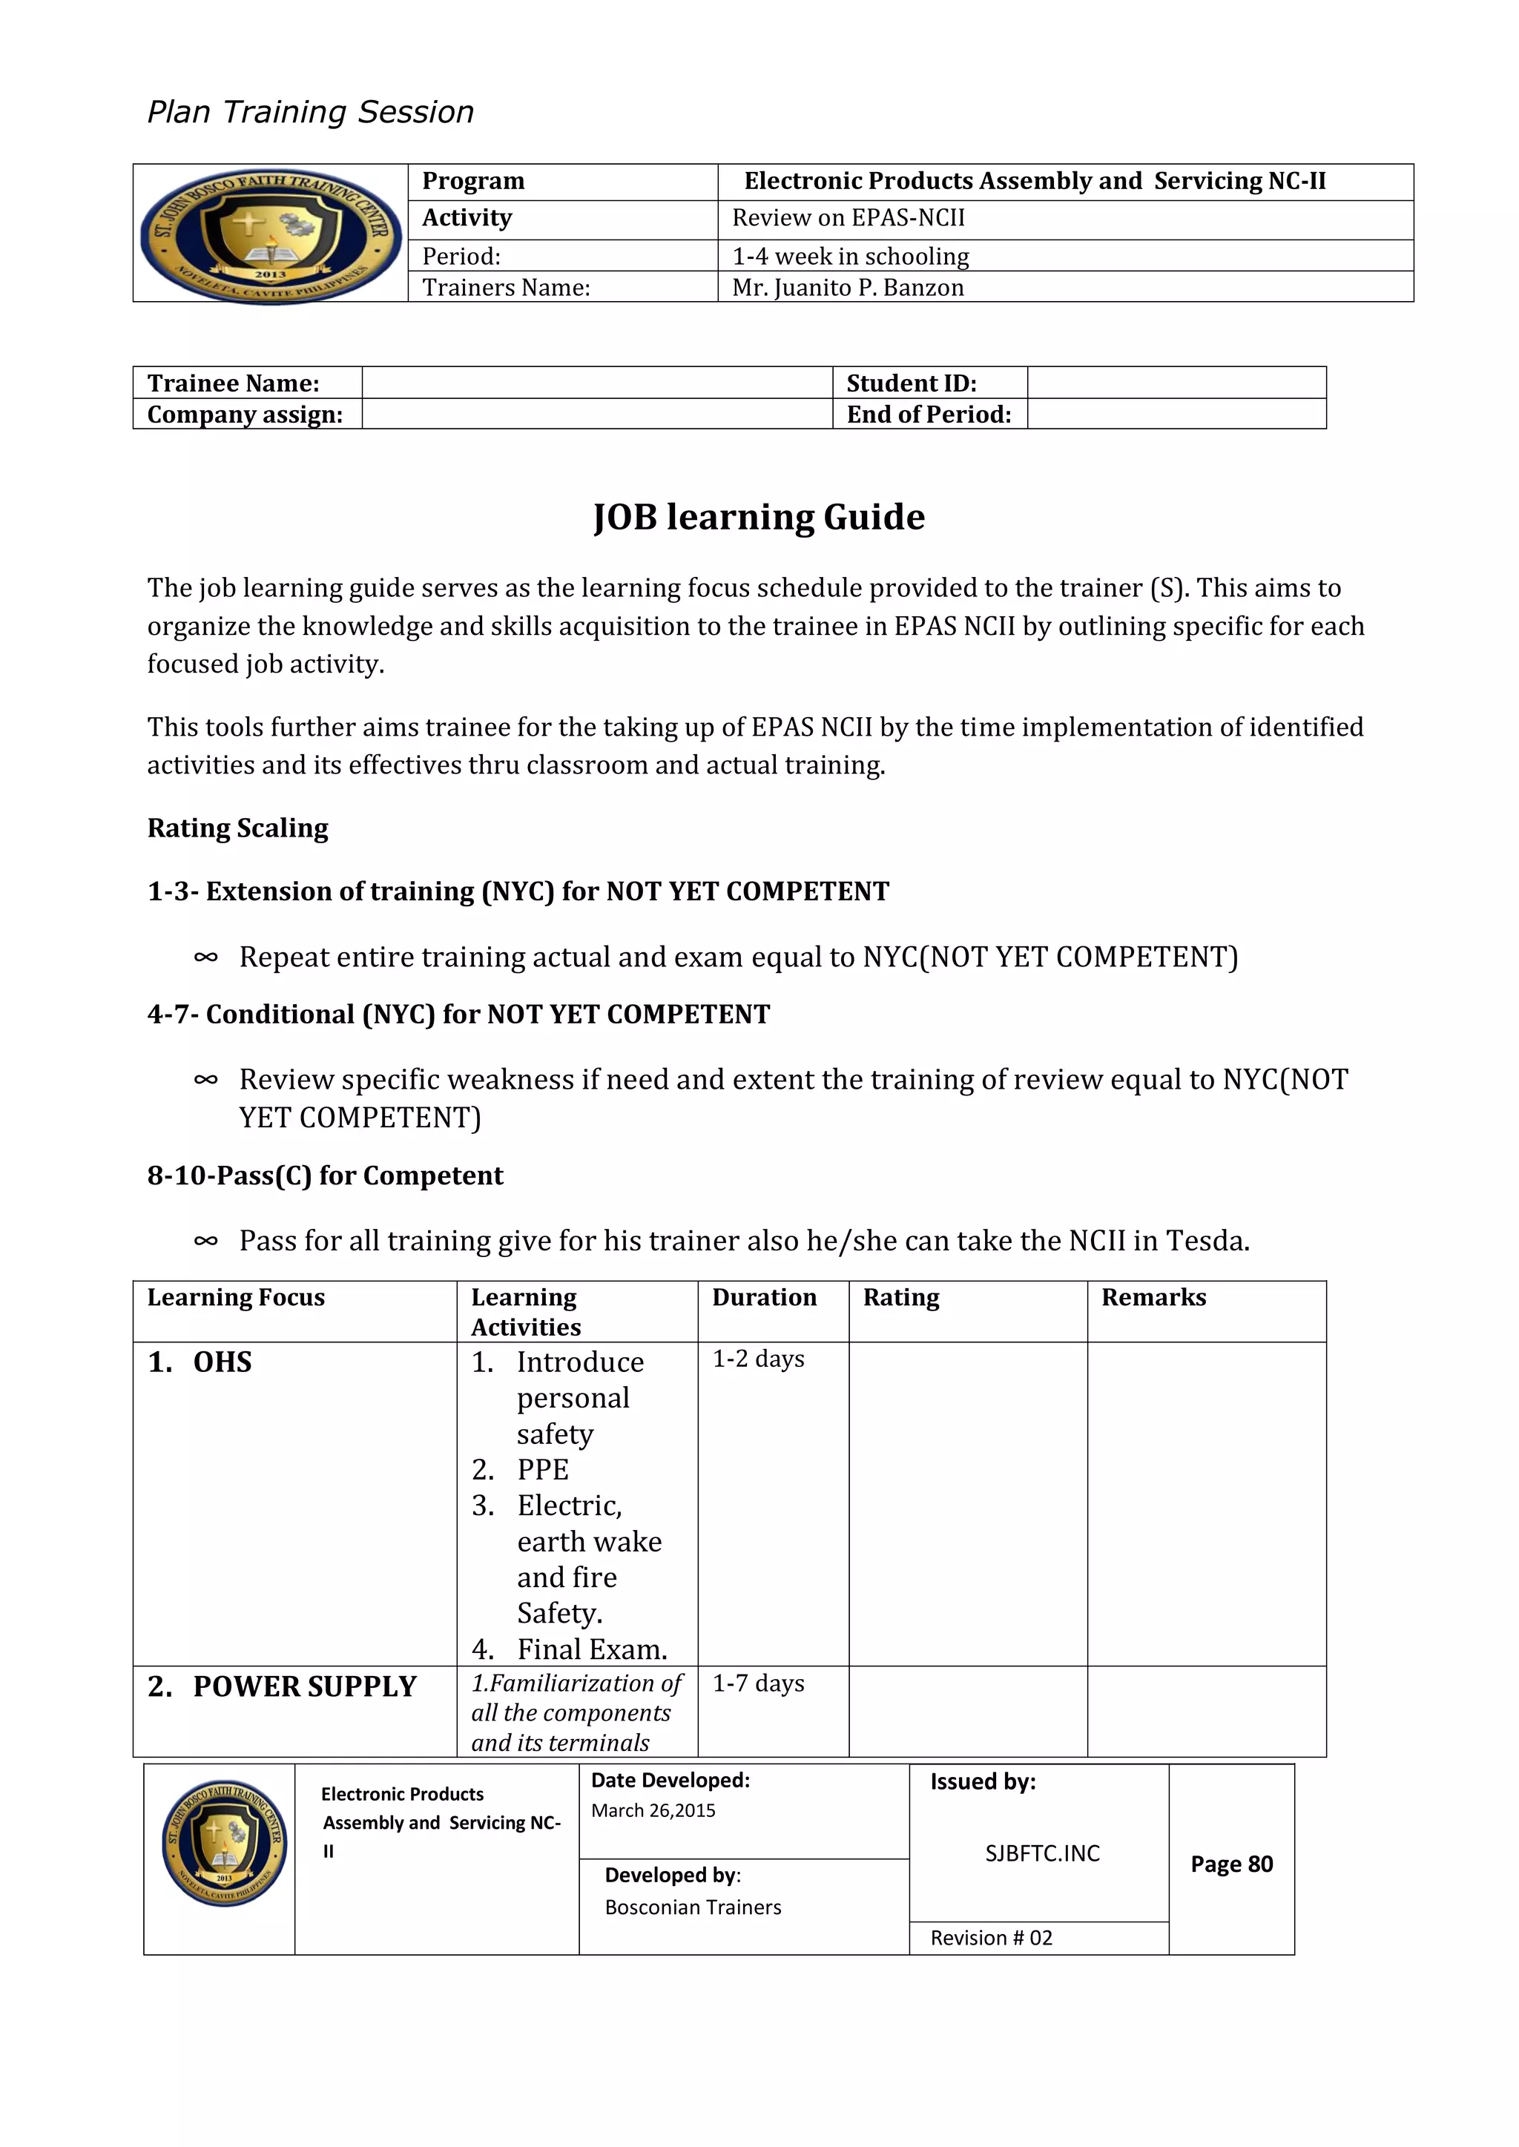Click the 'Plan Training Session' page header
click(311, 112)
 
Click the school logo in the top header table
click(270, 234)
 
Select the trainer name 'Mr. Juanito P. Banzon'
click(848, 287)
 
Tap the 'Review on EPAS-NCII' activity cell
click(849, 218)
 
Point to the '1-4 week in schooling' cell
click(850, 256)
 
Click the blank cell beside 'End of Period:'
click(1176, 415)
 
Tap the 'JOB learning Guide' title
click(759, 517)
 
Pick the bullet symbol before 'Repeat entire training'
click(205, 957)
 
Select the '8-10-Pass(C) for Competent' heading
click(325, 1175)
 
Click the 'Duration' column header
click(764, 1298)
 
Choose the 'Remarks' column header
click(1153, 1298)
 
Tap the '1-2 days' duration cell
click(759, 1359)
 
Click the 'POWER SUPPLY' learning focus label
click(304, 1687)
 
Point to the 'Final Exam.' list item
click(591, 1649)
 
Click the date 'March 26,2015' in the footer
click(653, 1810)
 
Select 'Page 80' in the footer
click(1231, 1864)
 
